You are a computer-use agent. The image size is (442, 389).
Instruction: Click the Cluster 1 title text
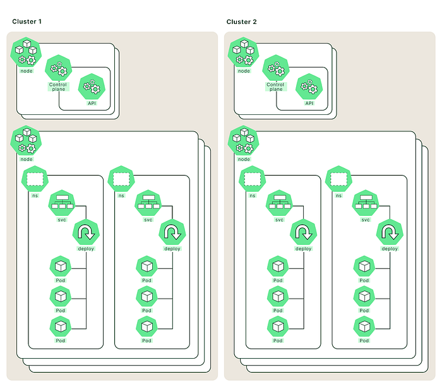(27, 21)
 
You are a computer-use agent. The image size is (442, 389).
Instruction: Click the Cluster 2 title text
(242, 22)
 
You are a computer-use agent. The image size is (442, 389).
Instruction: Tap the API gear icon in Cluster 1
(92, 87)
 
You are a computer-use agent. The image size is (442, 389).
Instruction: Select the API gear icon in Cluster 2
(309, 87)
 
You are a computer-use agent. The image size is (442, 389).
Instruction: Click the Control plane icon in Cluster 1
(58, 68)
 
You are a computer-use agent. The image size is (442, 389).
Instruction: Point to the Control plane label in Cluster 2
(275, 87)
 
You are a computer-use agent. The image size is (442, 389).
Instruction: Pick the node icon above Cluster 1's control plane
(26, 52)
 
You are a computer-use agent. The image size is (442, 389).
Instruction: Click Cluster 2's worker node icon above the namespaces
(243, 140)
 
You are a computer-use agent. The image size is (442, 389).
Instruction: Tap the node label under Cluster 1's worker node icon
(27, 159)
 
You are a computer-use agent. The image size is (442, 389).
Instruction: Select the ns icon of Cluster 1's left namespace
(35, 179)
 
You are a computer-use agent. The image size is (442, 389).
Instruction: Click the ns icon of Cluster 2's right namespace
(338, 179)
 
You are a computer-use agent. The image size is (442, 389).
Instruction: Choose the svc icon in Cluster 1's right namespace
(148, 203)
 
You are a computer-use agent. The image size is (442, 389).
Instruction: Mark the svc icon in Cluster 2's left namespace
(279, 203)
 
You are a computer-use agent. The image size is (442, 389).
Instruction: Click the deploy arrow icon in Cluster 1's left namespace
(86, 232)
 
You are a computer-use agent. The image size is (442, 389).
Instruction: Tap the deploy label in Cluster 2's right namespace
(390, 249)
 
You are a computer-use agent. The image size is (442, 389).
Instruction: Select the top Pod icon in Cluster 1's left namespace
(61, 266)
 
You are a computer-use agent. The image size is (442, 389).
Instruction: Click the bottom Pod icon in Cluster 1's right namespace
(146, 326)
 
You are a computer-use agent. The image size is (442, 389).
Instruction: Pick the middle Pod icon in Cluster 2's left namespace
(278, 297)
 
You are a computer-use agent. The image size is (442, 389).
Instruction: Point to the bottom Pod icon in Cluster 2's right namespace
(364, 326)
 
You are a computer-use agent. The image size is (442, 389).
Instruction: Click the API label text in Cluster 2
(309, 103)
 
